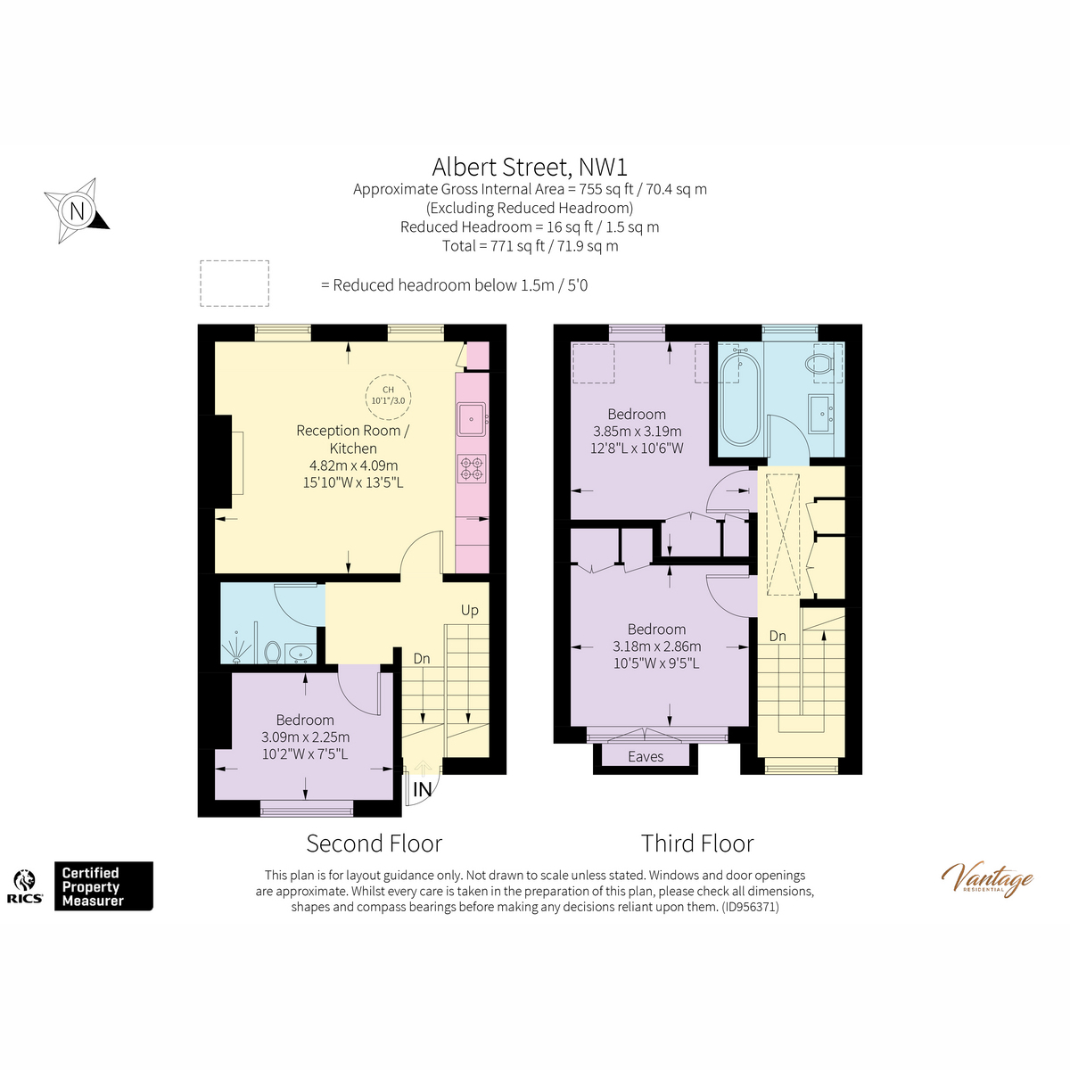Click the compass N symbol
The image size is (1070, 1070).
78,211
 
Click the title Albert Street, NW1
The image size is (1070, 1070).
530,167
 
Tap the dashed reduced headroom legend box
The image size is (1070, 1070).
235,284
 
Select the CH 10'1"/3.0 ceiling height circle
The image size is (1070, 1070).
388,395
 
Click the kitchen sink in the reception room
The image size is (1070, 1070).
471,418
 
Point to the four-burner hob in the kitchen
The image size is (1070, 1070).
472,468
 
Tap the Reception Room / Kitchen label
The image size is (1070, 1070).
353,440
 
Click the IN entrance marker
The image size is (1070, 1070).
422,789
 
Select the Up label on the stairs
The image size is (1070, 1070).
469,610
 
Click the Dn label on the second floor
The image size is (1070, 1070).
422,658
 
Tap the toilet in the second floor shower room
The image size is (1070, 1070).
273,653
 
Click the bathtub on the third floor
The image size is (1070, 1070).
738,399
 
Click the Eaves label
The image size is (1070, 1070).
646,756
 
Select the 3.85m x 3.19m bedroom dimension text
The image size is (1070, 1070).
637,432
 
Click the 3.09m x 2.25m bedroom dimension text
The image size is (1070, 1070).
305,737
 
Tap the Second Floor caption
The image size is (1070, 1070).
374,844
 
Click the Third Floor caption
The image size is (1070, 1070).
697,844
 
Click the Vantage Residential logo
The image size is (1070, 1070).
987,878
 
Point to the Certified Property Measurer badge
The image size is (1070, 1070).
103,886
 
